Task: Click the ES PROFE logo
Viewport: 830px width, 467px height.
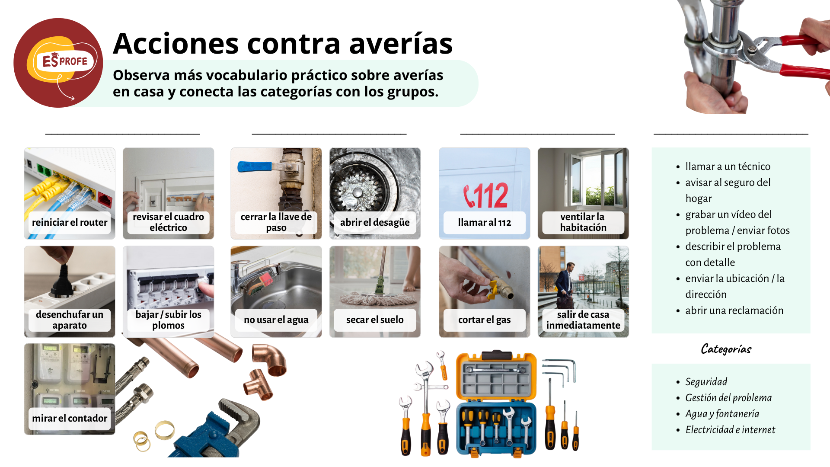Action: pyautogui.click(x=58, y=63)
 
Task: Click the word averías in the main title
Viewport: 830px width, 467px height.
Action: pyautogui.click(x=401, y=44)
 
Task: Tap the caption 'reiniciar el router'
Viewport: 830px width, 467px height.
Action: pyautogui.click(x=70, y=222)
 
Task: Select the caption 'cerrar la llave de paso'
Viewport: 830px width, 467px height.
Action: pyautogui.click(x=276, y=222)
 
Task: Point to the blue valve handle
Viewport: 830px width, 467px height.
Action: pyautogui.click(x=255, y=166)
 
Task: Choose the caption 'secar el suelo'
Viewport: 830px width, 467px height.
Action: pyautogui.click(x=375, y=320)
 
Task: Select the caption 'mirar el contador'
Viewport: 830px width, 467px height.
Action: pyautogui.click(x=70, y=418)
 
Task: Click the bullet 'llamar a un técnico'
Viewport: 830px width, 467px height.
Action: pyautogui.click(x=728, y=166)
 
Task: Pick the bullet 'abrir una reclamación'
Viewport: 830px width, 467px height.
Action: pyautogui.click(x=734, y=310)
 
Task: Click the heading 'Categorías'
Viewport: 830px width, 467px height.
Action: pyautogui.click(x=726, y=349)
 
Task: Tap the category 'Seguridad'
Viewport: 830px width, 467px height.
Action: pyautogui.click(x=706, y=382)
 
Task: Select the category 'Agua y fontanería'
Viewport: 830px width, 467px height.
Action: pyautogui.click(x=722, y=414)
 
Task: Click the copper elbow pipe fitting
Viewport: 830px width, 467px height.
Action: pyautogui.click(x=270, y=359)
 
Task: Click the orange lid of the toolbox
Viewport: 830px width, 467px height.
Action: pyautogui.click(x=496, y=376)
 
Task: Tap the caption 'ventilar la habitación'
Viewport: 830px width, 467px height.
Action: pyautogui.click(x=583, y=222)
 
